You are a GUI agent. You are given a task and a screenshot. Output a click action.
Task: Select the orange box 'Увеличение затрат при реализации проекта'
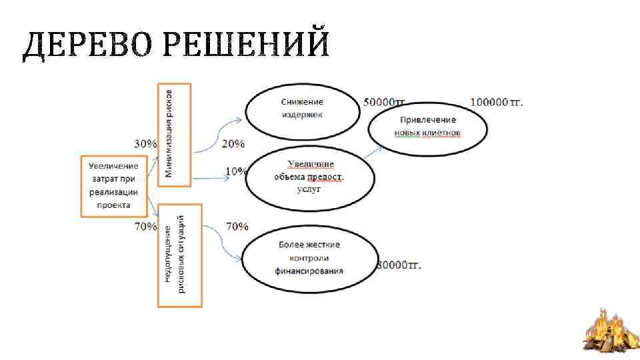[x=114, y=185]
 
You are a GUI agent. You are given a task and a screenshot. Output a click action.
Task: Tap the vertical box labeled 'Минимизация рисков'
[x=174, y=134]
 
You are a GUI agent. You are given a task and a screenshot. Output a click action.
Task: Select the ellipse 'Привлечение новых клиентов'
[x=428, y=127]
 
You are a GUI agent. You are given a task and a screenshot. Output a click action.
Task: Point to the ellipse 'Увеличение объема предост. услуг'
[x=309, y=177]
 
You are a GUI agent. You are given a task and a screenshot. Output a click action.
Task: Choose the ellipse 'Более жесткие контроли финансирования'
[x=309, y=258]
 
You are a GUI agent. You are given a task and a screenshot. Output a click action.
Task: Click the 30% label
[x=145, y=143]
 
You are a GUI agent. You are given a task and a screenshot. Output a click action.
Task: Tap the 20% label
[x=233, y=143]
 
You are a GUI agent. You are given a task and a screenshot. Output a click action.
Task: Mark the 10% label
[x=235, y=171]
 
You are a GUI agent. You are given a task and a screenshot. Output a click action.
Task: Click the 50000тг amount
[x=385, y=103]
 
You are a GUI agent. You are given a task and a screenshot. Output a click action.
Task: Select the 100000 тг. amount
[x=497, y=102]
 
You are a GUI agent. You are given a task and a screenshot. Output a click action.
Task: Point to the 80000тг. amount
[x=399, y=265]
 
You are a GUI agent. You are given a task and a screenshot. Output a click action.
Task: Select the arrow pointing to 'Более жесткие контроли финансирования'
[x=223, y=244]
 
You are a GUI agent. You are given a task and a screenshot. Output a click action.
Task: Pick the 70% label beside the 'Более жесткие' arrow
[x=237, y=227]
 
